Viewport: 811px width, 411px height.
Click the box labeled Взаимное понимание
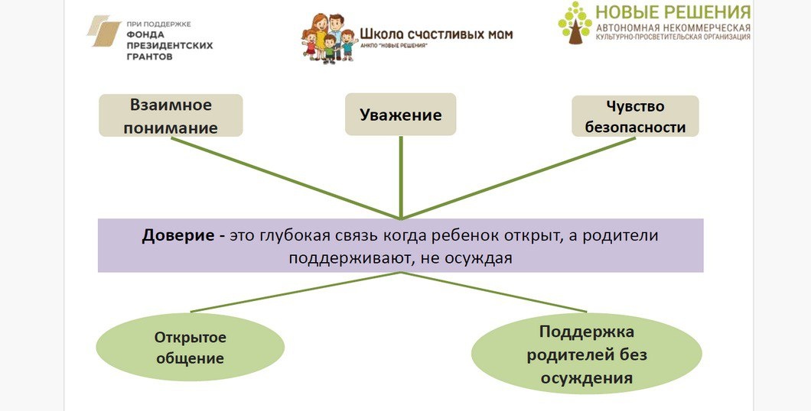click(x=171, y=115)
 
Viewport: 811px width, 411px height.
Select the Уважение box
click(x=400, y=115)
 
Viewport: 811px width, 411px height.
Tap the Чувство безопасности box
click(x=635, y=116)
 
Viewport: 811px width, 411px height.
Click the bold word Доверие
click(x=178, y=235)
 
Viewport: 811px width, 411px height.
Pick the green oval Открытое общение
click(x=190, y=348)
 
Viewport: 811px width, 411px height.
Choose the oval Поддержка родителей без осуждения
click(x=587, y=354)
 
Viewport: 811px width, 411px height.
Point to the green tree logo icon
click(x=575, y=23)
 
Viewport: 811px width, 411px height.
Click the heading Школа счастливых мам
click(x=436, y=34)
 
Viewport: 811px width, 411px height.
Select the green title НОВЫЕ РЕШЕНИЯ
click(x=673, y=12)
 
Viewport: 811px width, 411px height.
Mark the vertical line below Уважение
click(x=401, y=176)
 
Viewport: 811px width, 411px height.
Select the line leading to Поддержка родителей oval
click(x=497, y=292)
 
